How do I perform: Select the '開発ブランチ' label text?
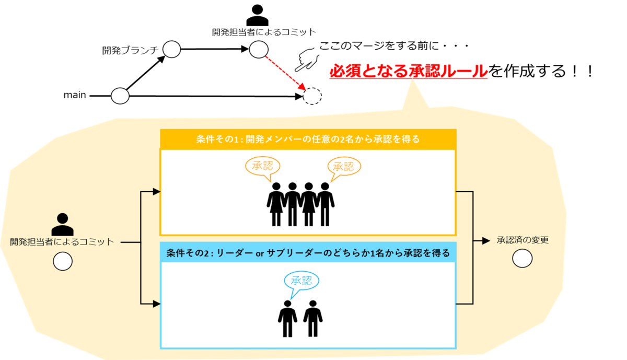[x=130, y=51]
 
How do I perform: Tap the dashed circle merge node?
[x=312, y=96]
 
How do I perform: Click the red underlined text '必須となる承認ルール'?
[x=408, y=72]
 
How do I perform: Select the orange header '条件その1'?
[x=308, y=140]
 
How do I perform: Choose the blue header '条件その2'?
[x=308, y=253]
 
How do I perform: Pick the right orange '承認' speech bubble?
[x=344, y=167]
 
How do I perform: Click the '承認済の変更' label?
[x=522, y=241]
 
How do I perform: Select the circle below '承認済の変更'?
[x=522, y=258]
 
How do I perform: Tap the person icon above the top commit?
[x=257, y=15]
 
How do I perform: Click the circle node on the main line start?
[x=120, y=96]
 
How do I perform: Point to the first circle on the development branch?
[x=171, y=50]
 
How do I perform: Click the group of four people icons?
[x=300, y=204]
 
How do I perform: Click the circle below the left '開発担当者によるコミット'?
[x=62, y=261]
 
